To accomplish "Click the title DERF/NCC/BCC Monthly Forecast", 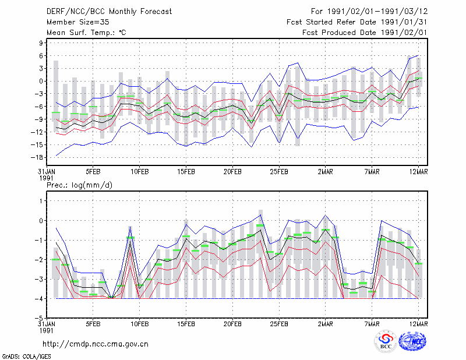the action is [x=109, y=12].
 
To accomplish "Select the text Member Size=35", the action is [x=78, y=22].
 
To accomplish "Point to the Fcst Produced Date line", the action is [x=365, y=33].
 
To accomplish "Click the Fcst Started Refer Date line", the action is [x=357, y=22].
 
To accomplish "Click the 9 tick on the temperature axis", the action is [x=41, y=43].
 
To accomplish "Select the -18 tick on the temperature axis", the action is [x=37, y=157].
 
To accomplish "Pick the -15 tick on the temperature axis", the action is [x=37, y=145].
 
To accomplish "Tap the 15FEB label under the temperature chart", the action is [x=186, y=172].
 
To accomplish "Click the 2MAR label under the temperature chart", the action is [x=326, y=172].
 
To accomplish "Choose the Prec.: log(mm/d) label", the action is [x=79, y=185].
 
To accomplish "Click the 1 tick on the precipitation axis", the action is [x=41, y=201].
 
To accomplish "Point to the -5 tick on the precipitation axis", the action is [x=39, y=318].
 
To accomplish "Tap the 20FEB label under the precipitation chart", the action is [x=232, y=324].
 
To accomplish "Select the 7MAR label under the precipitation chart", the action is [x=372, y=324].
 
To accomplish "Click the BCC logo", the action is [x=386, y=341].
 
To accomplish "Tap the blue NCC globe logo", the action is [x=412, y=341].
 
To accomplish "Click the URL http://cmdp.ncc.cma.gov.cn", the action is [x=96, y=344].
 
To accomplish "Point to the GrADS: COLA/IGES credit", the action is [x=26, y=357].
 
